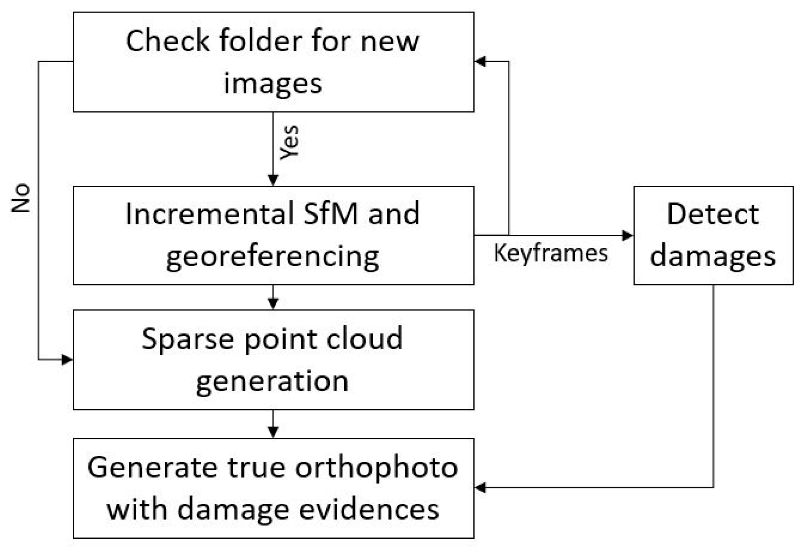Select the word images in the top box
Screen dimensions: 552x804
(273, 83)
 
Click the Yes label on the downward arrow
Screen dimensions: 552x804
(290, 142)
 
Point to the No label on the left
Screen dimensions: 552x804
(21, 198)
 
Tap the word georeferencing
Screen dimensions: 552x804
(273, 257)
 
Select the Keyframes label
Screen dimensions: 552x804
(550, 253)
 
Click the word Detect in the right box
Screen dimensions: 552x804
(712, 214)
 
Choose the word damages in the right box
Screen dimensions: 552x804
(712, 257)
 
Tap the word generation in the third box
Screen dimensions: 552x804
(273, 381)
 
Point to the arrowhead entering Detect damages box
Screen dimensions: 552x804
(627, 236)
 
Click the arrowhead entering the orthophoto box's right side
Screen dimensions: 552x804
(480, 487)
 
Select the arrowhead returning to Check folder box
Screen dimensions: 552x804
(480, 61)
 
